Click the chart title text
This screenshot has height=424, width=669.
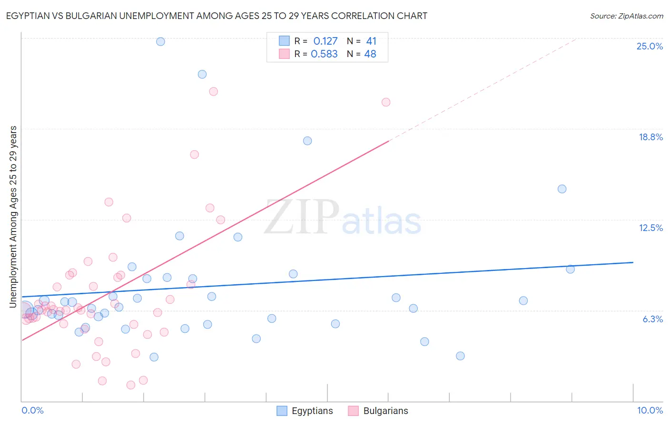coord(216,16)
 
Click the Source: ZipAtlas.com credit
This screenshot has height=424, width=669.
coord(626,16)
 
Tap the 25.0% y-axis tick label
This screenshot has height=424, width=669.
coord(649,46)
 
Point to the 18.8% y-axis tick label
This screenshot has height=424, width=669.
coord(650,137)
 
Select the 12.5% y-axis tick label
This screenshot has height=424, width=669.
coord(650,228)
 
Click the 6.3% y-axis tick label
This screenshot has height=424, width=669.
coord(652,319)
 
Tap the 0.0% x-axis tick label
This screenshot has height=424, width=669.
coord(32,410)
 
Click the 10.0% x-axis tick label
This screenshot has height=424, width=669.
coord(650,410)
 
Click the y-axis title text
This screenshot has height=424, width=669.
coord(13,217)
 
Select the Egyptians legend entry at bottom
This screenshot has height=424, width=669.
coord(305,411)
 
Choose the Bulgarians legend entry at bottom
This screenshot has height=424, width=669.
coord(378,411)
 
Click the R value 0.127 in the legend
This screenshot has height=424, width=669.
coord(325,41)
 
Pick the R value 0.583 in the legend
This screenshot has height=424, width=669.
coord(324,54)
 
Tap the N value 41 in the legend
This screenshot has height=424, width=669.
coord(371,41)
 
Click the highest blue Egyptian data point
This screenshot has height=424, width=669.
coord(160,41)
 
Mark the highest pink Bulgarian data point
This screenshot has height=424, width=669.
coord(214,92)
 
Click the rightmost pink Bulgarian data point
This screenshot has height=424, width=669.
coord(386,102)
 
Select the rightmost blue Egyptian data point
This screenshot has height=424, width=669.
coord(570,269)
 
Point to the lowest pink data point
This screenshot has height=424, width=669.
coord(131,385)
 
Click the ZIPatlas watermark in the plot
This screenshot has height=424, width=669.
coord(343,218)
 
